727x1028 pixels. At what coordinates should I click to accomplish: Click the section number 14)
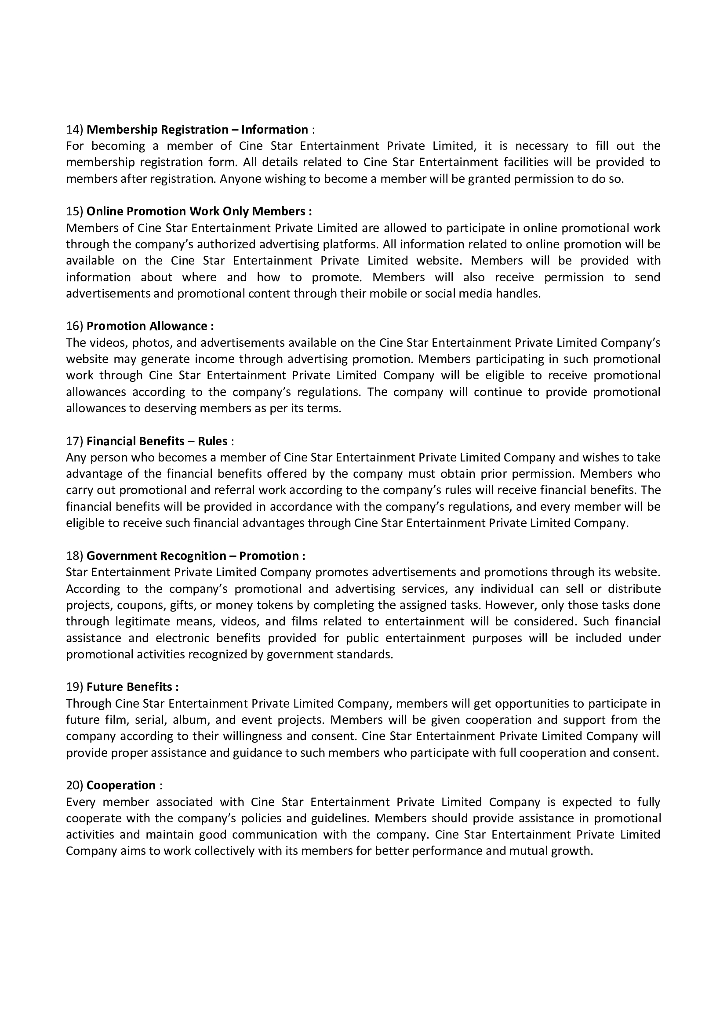click(x=74, y=130)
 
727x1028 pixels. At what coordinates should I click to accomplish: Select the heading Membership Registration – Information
click(x=197, y=130)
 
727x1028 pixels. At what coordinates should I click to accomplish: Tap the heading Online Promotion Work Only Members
click(x=199, y=211)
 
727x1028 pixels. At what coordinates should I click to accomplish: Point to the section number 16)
click(x=74, y=326)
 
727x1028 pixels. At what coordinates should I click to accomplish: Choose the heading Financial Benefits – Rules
click(x=156, y=441)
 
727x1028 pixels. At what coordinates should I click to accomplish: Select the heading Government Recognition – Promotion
click(x=196, y=556)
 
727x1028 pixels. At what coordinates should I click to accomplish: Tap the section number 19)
click(x=74, y=687)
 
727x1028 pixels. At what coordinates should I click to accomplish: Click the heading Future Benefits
click(x=132, y=687)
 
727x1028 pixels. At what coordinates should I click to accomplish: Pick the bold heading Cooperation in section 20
click(x=121, y=785)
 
